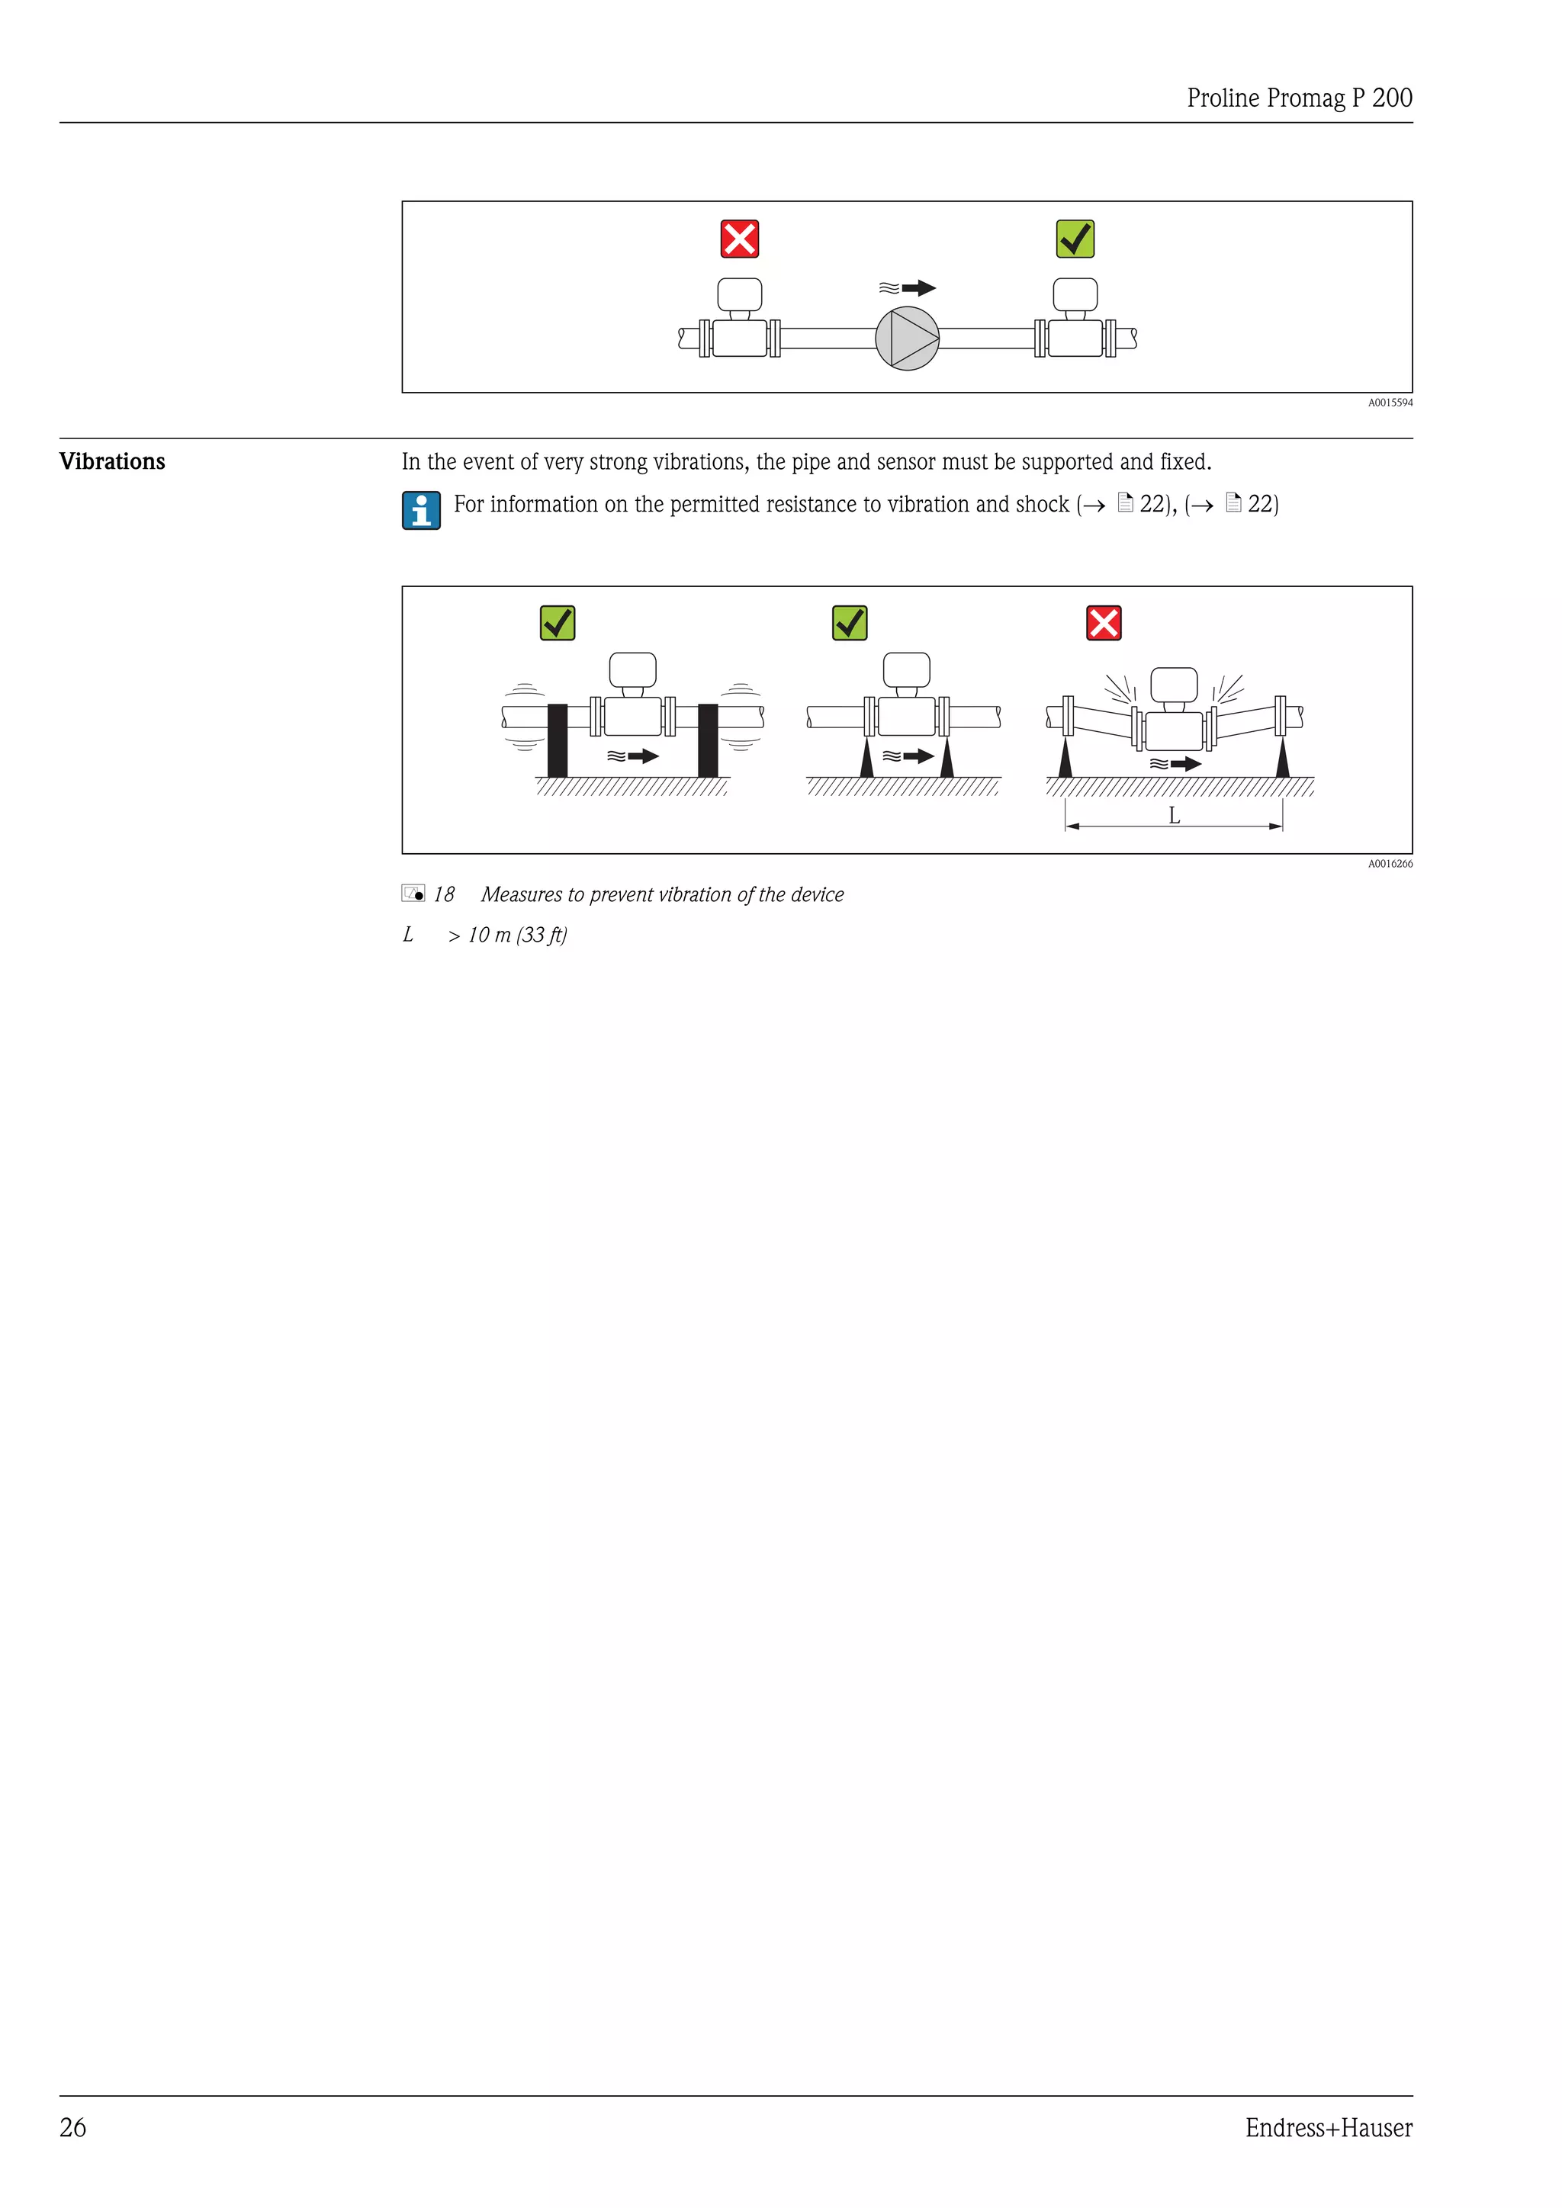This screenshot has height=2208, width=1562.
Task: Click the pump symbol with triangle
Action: click(x=906, y=339)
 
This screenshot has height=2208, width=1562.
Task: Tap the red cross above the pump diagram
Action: click(x=740, y=239)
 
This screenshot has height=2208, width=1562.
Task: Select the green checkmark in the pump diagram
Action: click(x=1075, y=239)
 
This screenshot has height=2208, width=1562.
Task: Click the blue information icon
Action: click(x=421, y=510)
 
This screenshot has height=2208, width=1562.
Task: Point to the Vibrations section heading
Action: click(x=113, y=461)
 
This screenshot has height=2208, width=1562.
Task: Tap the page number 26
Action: click(x=73, y=2127)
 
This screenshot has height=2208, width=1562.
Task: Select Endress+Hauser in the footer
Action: click(x=1329, y=2127)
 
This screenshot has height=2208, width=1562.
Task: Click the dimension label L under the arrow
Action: click(x=1174, y=816)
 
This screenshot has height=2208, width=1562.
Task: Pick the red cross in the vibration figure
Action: click(x=1103, y=622)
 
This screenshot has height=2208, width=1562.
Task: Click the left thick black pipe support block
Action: click(x=557, y=740)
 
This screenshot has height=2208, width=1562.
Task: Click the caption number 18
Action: click(x=443, y=894)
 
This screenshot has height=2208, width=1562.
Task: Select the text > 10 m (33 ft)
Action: click(x=507, y=935)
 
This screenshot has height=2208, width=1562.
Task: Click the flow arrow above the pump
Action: click(x=908, y=287)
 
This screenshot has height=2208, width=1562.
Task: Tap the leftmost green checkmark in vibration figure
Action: click(x=557, y=622)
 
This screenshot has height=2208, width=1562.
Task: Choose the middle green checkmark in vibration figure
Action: click(x=850, y=622)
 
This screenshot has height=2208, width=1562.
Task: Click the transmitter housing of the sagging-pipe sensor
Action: click(x=1174, y=685)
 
